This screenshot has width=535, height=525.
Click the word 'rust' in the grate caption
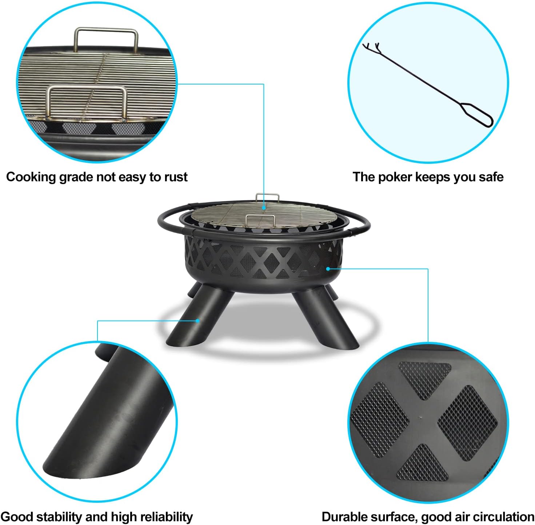coord(176,177)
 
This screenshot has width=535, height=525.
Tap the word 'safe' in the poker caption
coord(491,177)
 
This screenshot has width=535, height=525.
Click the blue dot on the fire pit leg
coord(197,321)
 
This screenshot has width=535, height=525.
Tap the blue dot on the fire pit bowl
coord(328,269)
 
